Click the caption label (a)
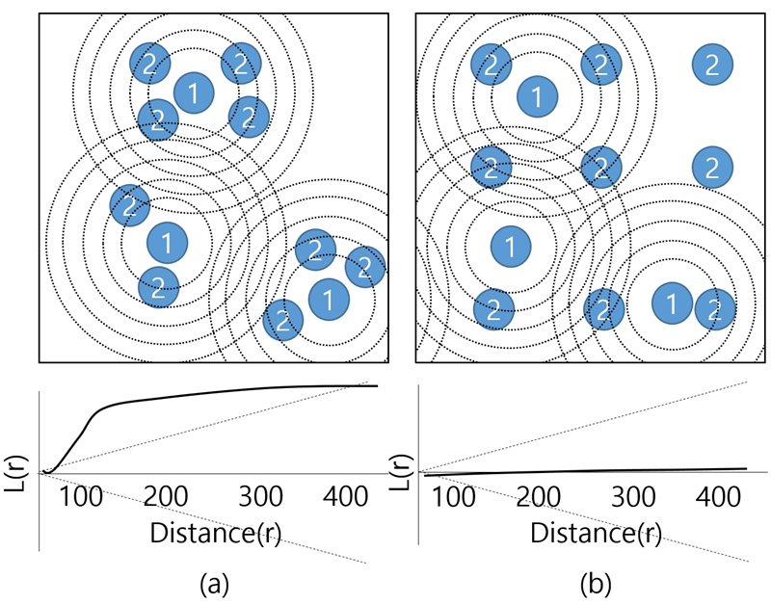point(213,582)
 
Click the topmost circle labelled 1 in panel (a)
point(193,92)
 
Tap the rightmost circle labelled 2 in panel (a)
point(364,267)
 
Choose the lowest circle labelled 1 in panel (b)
point(671,303)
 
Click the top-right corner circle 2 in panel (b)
point(712,65)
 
